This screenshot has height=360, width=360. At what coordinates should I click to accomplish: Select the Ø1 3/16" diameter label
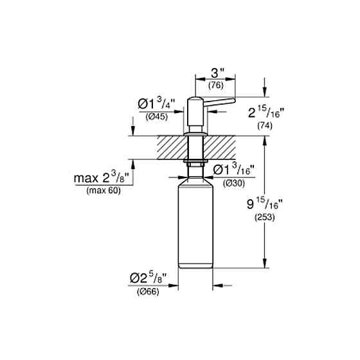pyautogui.click(x=233, y=170)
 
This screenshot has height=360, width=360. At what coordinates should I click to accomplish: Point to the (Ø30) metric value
pyautogui.click(x=232, y=184)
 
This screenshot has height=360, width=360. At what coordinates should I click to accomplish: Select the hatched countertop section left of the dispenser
pyautogui.click(x=171, y=147)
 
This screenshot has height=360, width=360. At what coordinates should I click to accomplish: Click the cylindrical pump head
pyautogui.click(x=194, y=113)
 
